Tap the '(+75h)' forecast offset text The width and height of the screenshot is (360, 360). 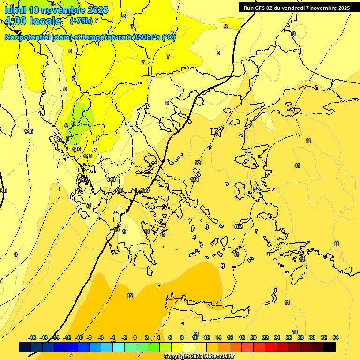(81, 21)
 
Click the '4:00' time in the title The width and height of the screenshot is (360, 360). (15, 21)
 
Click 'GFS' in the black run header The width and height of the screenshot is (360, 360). (261, 7)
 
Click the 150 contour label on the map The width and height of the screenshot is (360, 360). (145, 190)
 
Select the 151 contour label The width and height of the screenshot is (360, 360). (195, 180)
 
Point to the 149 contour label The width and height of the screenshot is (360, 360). (111, 180)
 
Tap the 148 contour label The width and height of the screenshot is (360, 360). (88, 156)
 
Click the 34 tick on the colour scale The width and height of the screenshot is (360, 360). (336, 337)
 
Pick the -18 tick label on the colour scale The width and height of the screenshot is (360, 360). (32, 337)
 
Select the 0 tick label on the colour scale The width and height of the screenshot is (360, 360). (135, 337)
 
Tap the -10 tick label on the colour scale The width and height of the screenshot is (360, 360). (78, 337)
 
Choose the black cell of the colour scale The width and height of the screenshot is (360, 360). (330, 347)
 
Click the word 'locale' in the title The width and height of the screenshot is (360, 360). (45, 21)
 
